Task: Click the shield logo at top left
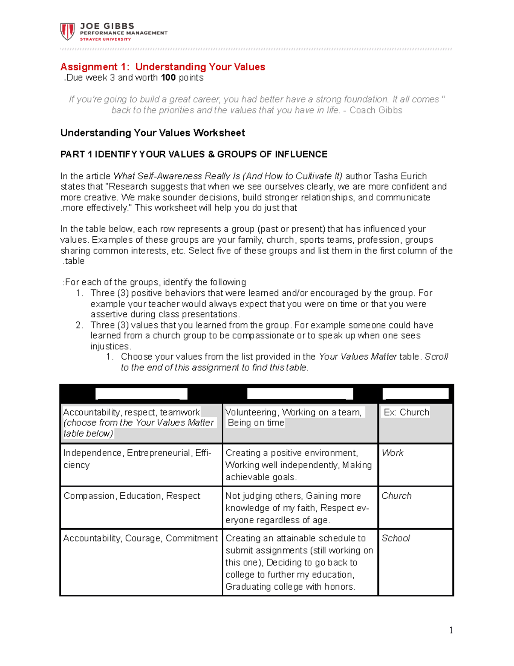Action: [68, 31]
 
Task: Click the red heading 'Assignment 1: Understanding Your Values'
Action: [162, 67]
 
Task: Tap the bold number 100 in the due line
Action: [168, 78]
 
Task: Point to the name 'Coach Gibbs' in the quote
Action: [376, 110]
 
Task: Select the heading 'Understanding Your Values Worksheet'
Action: [152, 133]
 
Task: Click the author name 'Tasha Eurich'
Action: [400, 176]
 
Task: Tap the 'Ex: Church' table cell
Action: [406, 412]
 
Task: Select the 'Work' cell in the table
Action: [392, 453]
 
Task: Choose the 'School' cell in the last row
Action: [395, 538]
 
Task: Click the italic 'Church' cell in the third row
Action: [396, 496]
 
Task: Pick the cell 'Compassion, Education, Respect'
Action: [132, 496]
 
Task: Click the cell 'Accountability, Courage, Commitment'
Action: [140, 538]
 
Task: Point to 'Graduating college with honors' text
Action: [290, 587]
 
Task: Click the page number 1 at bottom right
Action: [451, 630]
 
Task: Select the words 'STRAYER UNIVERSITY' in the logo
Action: [105, 39]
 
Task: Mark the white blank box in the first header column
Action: [141, 394]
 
